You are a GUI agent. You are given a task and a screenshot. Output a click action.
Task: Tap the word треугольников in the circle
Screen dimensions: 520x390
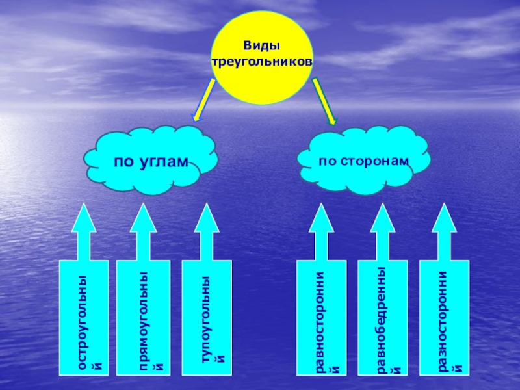coord(262,61)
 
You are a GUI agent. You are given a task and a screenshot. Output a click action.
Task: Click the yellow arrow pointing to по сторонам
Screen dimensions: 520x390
coord(324,100)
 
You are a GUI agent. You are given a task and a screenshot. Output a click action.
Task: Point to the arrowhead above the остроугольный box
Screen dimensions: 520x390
coord(84,219)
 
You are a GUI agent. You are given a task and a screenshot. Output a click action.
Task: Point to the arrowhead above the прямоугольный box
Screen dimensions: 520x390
coord(142,219)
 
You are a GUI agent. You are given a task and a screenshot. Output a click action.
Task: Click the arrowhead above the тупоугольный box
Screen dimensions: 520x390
coord(206,219)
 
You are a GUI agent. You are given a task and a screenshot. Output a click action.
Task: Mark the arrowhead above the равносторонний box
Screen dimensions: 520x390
coord(320,219)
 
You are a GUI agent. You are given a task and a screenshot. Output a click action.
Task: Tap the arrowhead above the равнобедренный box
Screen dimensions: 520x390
coord(383,219)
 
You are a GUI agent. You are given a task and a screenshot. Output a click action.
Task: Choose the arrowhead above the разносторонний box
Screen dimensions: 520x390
coord(444,219)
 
